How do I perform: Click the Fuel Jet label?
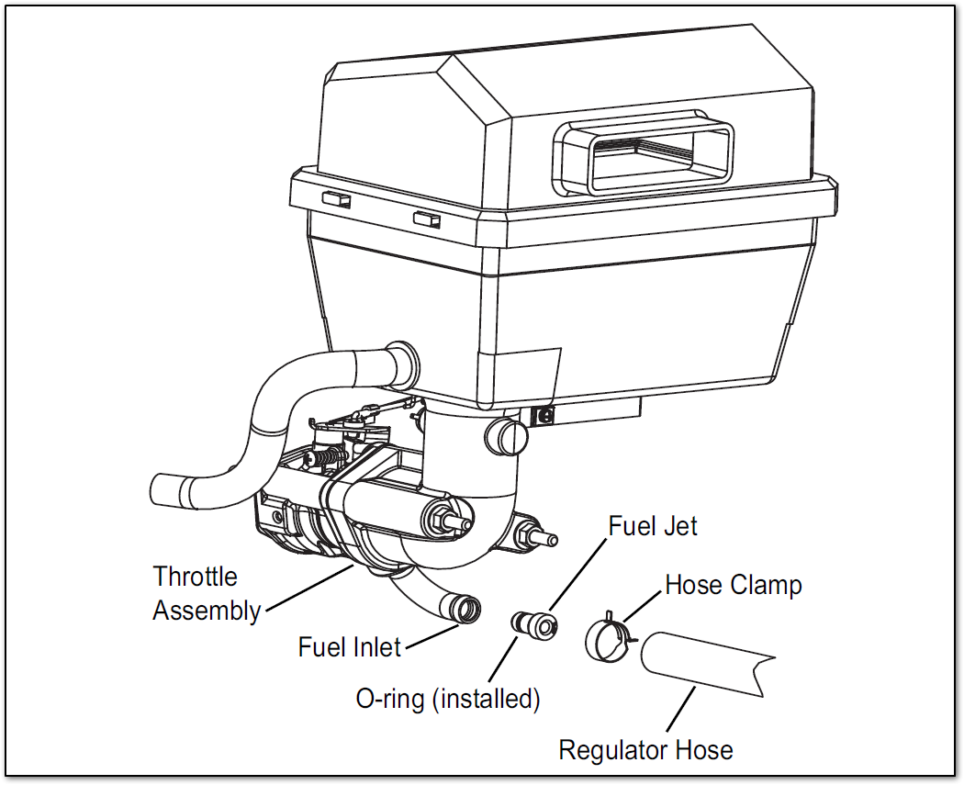pyautogui.click(x=653, y=526)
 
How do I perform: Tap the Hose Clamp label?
pyautogui.click(x=733, y=585)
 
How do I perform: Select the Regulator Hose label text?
pyautogui.click(x=645, y=750)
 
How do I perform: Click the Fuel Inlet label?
pyautogui.click(x=350, y=646)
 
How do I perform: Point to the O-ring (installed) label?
pyautogui.click(x=448, y=699)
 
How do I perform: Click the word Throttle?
pyautogui.click(x=195, y=577)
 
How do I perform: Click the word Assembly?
pyautogui.click(x=207, y=611)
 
